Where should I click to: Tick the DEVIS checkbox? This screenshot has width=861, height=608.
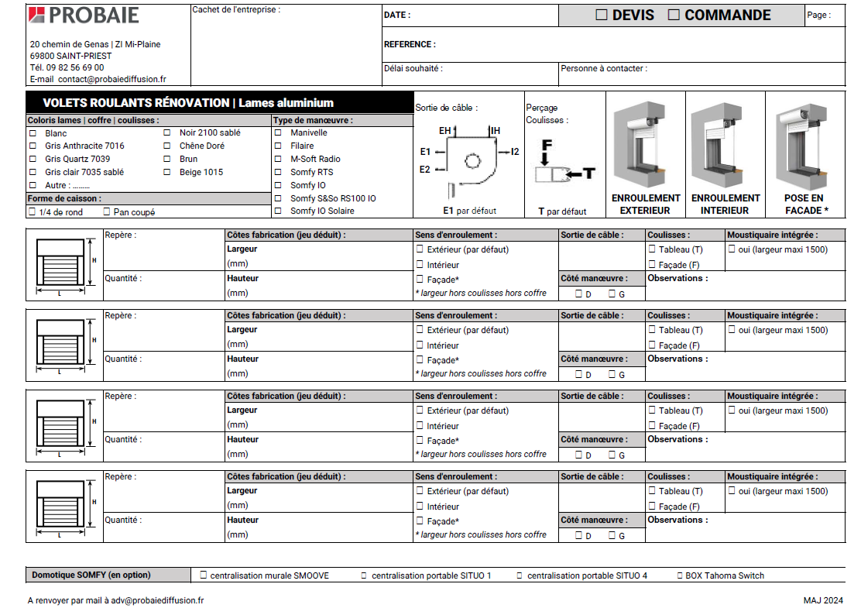602,15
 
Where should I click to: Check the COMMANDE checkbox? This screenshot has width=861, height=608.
674,15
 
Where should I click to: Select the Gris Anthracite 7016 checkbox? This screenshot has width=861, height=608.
33,146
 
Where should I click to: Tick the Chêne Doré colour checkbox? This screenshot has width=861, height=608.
167,146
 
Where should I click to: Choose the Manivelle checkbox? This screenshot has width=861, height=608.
278,132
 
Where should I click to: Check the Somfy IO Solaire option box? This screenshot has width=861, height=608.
278,211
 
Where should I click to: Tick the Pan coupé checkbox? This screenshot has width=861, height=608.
107,211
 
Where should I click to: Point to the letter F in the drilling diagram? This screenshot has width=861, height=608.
547,145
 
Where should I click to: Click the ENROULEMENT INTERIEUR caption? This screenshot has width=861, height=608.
726,204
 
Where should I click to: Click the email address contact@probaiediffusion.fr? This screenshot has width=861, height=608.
111,79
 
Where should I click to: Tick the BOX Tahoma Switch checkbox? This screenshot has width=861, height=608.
679,575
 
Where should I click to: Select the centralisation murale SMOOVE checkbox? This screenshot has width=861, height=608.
204,575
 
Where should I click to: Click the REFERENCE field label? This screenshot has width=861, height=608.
410,45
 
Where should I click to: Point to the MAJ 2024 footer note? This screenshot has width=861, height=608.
823,600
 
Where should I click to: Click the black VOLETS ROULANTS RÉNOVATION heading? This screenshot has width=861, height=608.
188,103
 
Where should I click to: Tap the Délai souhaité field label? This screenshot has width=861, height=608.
413,69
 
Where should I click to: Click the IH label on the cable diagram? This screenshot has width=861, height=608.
496,131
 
